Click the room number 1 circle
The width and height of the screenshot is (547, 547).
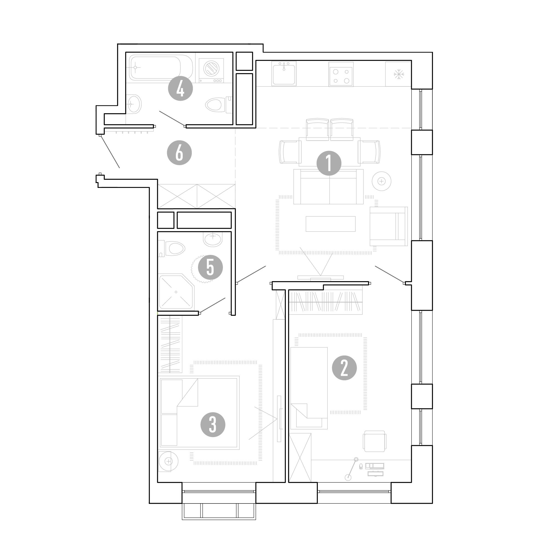(329, 163)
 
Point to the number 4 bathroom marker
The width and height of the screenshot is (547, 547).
(180, 89)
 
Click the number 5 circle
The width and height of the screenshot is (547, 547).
(210, 267)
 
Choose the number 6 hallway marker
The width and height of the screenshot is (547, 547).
(179, 153)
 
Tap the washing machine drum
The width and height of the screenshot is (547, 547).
(211, 68)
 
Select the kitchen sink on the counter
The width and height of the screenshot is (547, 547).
(284, 73)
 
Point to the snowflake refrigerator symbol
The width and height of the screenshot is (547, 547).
(399, 75)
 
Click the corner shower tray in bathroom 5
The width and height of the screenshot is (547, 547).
(176, 291)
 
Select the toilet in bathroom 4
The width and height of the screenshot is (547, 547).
(218, 104)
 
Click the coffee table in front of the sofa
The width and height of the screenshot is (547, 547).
(330, 224)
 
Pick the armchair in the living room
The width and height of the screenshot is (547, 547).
(388, 226)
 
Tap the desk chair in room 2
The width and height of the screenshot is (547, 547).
(375, 441)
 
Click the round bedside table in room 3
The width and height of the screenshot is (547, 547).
(168, 461)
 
